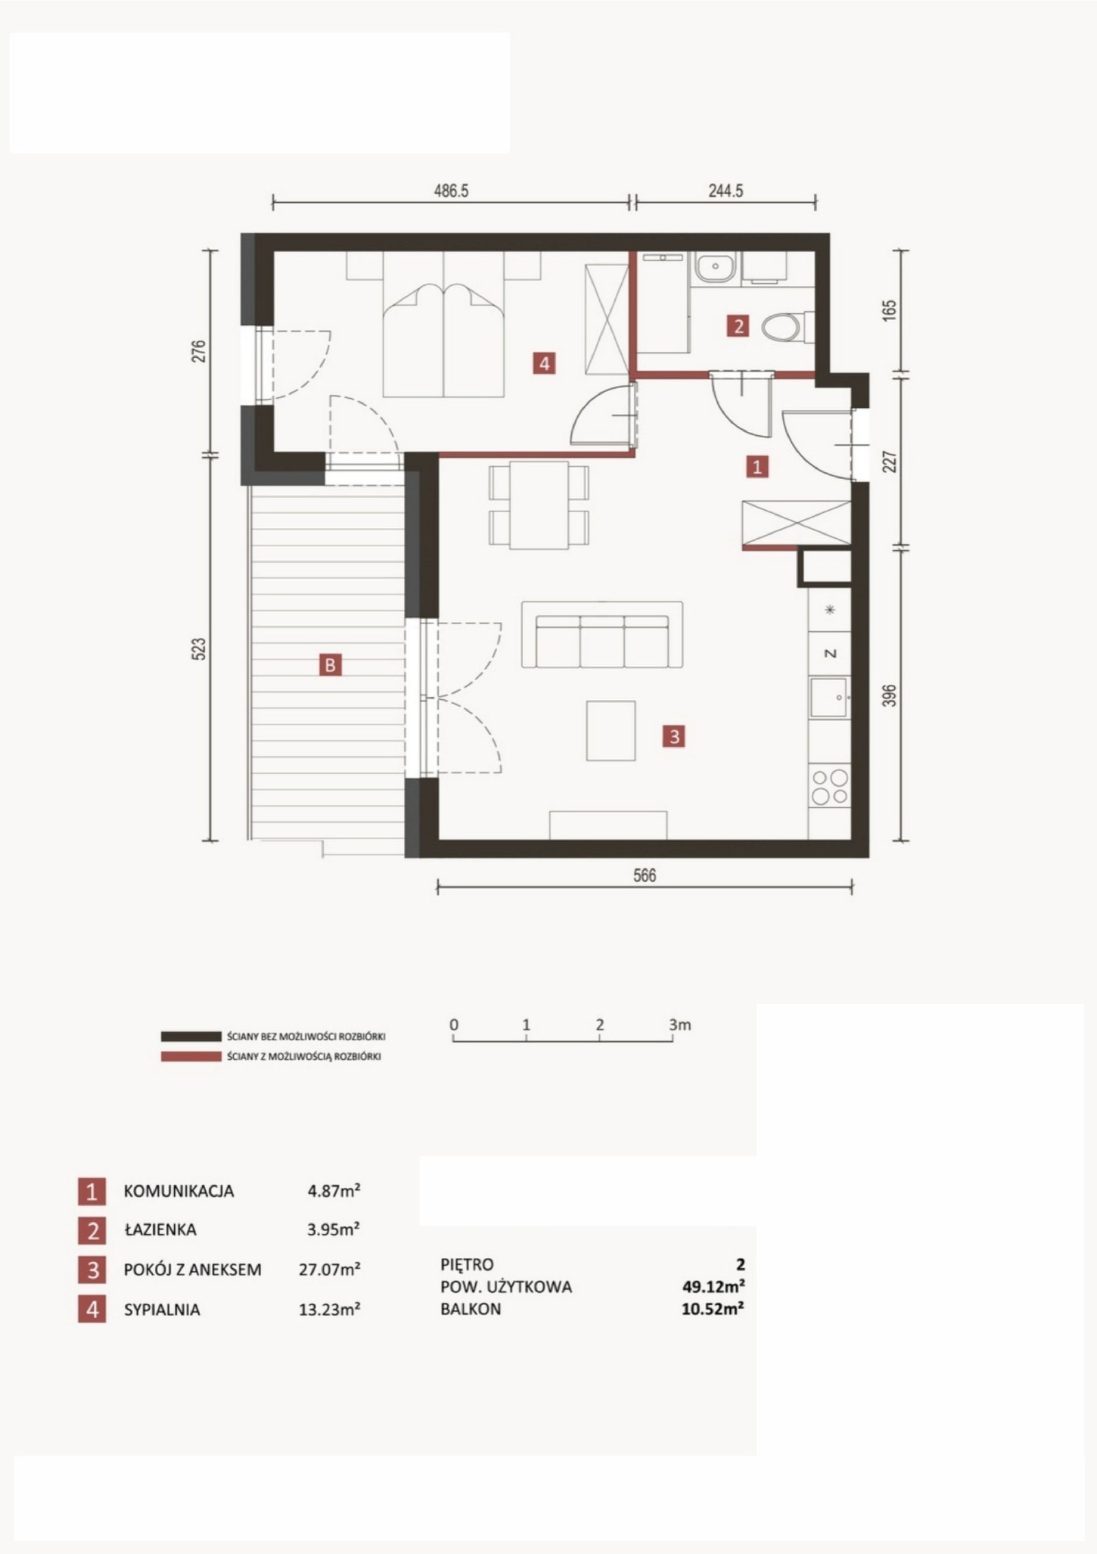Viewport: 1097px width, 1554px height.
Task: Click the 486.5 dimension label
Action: (450, 191)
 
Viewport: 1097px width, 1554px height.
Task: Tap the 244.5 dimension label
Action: (725, 191)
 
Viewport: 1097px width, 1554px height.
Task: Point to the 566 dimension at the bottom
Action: (644, 875)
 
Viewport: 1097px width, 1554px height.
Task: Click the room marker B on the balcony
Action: (330, 664)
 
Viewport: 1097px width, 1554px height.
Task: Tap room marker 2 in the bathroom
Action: (738, 326)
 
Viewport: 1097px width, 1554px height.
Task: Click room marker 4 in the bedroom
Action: (544, 363)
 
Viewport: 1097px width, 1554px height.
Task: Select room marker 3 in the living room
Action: (675, 736)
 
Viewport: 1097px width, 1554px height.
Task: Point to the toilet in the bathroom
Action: (786, 327)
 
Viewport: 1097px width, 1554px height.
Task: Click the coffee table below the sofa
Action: (611, 730)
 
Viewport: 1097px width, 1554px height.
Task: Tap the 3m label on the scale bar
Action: (680, 1025)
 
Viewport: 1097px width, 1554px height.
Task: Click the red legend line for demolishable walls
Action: (190, 1057)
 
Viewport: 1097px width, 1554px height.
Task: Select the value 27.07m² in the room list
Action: (329, 1269)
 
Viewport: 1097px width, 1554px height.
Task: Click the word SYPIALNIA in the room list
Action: (162, 1310)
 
